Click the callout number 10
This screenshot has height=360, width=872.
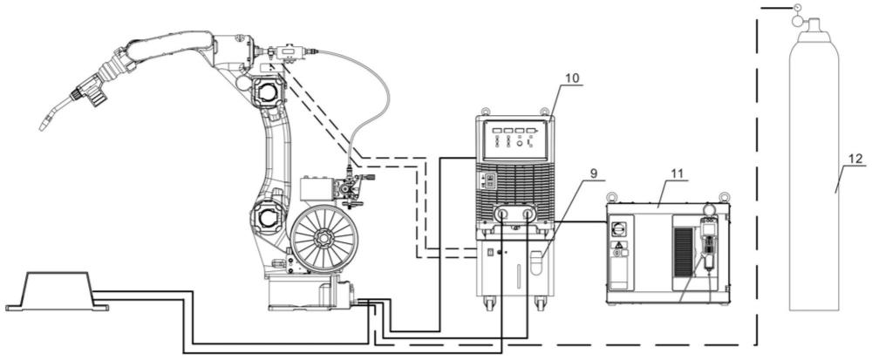coord(572,78)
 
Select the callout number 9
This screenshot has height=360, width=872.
coord(594,173)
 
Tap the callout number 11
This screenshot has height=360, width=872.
coord(677,173)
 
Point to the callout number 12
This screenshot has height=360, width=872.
coord(856,159)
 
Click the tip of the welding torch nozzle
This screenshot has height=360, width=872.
coord(42,126)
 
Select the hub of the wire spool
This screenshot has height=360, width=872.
coord(322,237)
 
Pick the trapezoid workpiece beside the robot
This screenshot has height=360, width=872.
coord(57,291)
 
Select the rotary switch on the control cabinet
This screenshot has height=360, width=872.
coord(618,228)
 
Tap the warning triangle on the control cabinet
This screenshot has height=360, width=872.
coord(618,244)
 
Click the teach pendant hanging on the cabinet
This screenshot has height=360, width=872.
coord(708,244)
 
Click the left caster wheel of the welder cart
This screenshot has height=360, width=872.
coord(489,303)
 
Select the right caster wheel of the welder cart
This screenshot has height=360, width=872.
coord(540,303)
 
